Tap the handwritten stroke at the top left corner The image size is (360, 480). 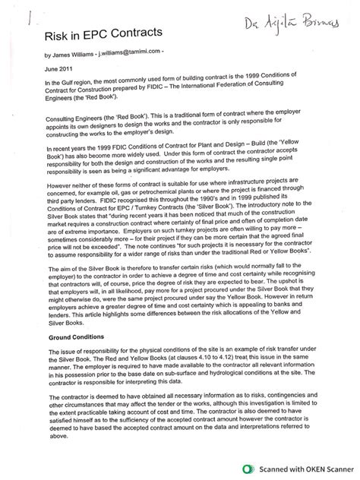click(x=28, y=17)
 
